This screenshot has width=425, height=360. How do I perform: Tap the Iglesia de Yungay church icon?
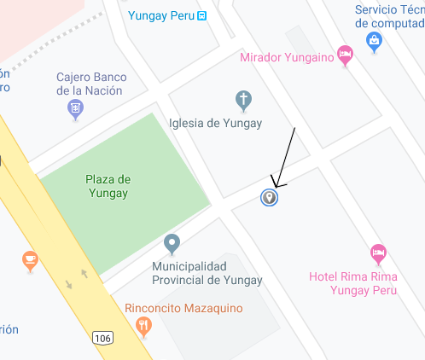tap(243, 101)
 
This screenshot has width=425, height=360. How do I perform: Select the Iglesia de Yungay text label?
tap(216, 123)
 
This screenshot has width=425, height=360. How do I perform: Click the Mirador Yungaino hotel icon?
tap(345, 54)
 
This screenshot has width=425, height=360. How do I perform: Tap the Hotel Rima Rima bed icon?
tap(378, 253)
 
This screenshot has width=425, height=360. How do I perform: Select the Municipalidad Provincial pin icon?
tap(172, 244)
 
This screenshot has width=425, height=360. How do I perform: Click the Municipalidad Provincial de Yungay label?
tap(207, 273)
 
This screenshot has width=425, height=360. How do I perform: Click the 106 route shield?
tap(102, 339)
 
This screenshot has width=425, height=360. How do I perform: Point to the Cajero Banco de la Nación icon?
tap(75, 108)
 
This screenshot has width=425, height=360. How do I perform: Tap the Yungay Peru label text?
tap(160, 15)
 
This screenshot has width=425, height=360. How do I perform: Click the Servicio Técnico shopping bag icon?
tap(373, 39)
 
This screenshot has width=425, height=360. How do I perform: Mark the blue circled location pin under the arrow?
tap(270, 198)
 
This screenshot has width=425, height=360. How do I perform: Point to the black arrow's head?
tap(274, 185)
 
